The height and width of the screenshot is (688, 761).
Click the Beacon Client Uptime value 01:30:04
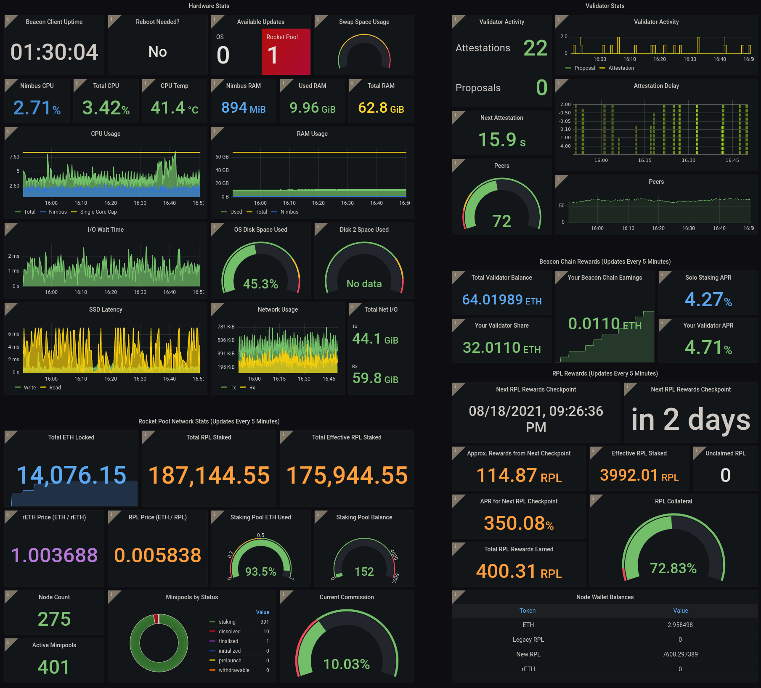[54, 52]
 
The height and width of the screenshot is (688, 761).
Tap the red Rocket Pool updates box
[286, 51]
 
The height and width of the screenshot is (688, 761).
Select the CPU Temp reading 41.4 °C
[174, 108]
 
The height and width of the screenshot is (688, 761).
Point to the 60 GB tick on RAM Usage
[222, 157]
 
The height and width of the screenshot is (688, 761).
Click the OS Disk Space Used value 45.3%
[261, 284]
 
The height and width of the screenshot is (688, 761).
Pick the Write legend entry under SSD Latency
[29, 388]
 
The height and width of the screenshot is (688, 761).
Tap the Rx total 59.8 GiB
[375, 378]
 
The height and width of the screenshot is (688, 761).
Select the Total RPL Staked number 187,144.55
[209, 475]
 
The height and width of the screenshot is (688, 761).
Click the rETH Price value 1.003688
[54, 555]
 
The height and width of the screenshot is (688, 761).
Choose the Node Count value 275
[54, 619]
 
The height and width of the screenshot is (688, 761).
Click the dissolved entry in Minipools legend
[229, 632]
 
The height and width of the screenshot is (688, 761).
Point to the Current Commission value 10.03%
[347, 664]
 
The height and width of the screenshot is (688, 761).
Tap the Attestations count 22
[535, 48]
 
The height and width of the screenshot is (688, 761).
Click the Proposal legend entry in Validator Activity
[584, 68]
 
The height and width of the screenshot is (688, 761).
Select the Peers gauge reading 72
[501, 221]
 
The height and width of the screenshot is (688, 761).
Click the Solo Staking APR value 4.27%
[708, 300]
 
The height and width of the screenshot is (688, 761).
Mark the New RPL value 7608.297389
[680, 654]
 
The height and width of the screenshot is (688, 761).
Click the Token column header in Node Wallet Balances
[528, 611]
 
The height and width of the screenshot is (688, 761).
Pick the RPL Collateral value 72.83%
[673, 569]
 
